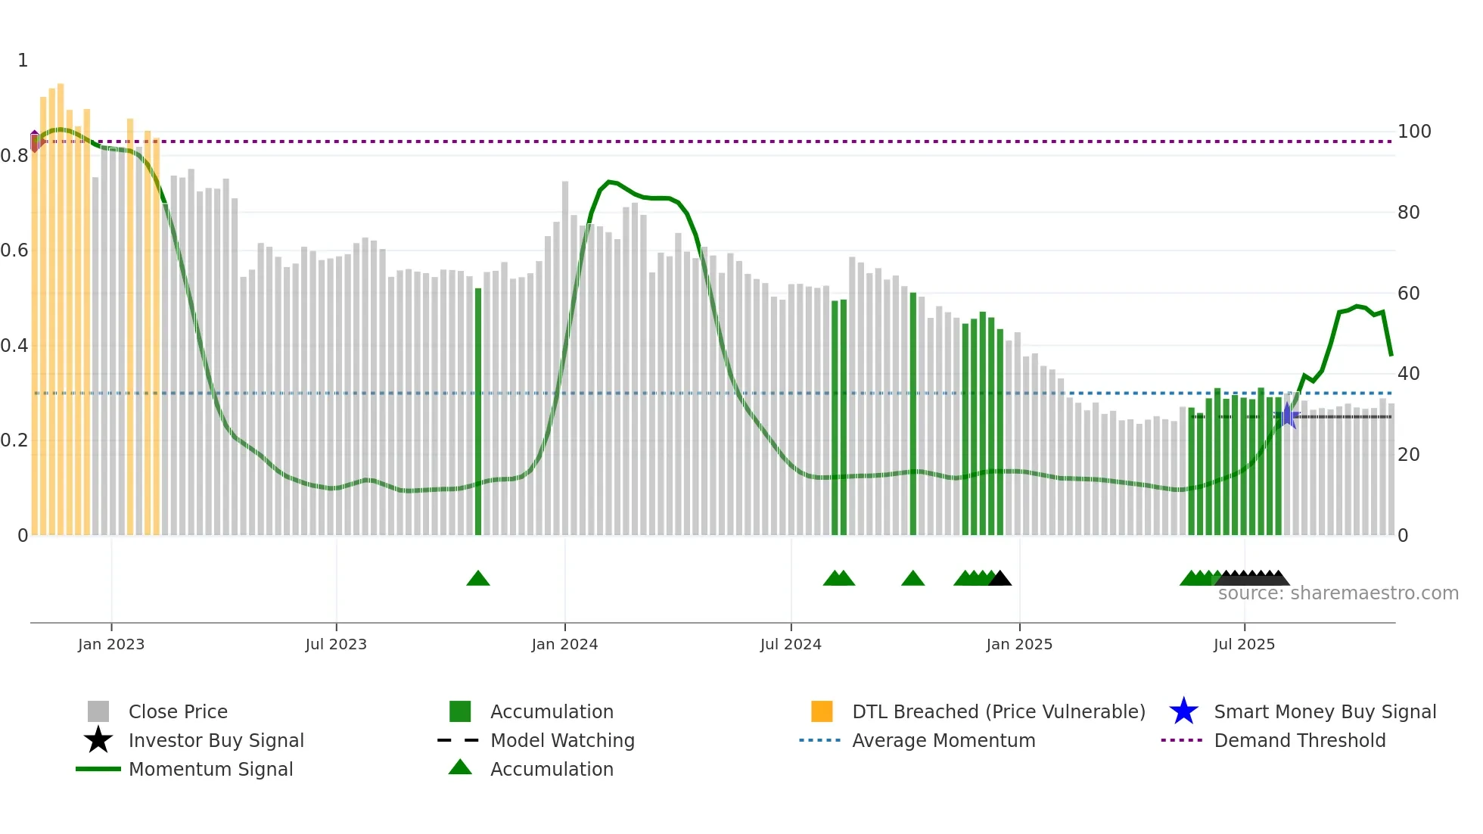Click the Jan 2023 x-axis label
point(111,644)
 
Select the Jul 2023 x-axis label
point(336,644)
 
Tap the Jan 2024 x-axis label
point(564,644)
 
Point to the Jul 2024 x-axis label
point(791,644)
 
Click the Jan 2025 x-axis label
point(1019,644)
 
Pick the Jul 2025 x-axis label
point(1244,644)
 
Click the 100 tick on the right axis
point(1414,132)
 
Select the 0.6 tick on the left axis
point(14,251)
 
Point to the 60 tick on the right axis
point(1409,294)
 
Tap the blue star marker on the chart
point(1288,415)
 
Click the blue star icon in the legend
point(1183,711)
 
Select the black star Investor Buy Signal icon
point(98,740)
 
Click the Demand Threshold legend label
point(1299,740)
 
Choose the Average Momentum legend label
point(944,740)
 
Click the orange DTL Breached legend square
point(822,711)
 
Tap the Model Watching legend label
point(562,740)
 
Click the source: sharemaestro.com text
point(1338,593)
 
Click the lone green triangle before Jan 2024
point(478,579)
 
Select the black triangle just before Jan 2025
point(1000,579)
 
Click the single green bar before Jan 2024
point(478,412)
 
